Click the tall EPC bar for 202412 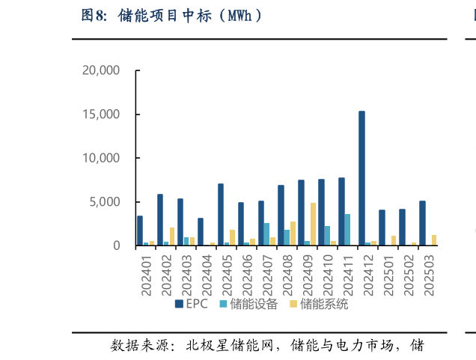pos(361,178)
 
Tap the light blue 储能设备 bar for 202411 pos(347,230)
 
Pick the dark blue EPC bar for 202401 pos(140,231)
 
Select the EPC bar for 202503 pos(422,223)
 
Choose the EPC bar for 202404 pos(201,232)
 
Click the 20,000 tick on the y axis pos(101,70)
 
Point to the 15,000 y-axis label pos(101,115)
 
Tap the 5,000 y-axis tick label pos(105,202)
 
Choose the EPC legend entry pos(192,304)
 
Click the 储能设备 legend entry pos(248,304)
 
